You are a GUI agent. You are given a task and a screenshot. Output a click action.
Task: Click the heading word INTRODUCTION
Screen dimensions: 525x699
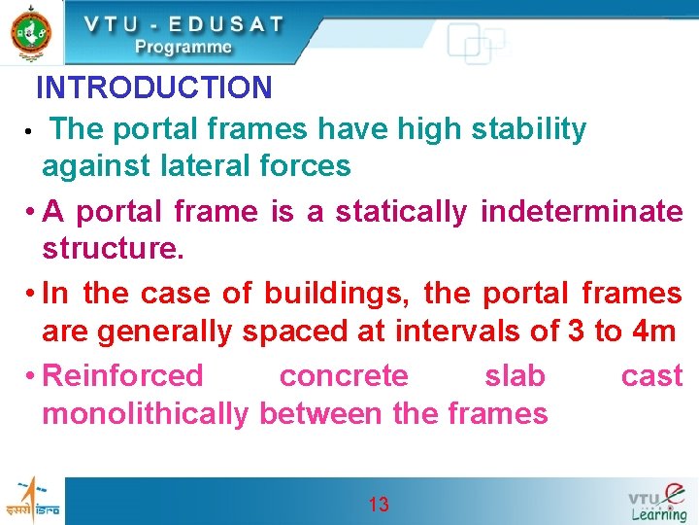[153, 88]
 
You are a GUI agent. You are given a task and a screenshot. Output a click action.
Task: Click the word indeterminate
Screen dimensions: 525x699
[582, 211]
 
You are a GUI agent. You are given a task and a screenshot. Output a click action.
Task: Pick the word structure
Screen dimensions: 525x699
[112, 249]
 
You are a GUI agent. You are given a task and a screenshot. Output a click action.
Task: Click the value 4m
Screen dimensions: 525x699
[652, 332]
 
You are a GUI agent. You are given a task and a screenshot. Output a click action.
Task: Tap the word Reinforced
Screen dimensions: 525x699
[124, 375]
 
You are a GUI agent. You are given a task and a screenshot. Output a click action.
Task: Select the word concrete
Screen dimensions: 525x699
[344, 375]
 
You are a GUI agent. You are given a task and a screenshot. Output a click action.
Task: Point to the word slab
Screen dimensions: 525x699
[515, 375]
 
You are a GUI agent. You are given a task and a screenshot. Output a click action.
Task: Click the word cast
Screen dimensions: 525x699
[651, 375]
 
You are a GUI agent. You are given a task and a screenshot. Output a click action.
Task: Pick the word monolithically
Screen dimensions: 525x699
[146, 414]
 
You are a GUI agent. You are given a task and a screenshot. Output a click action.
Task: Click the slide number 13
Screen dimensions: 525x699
[379, 504]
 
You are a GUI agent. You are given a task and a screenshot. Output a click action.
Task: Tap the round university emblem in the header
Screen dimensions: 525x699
[31, 31]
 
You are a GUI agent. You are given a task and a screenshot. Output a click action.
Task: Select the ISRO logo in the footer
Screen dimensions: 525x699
[32, 501]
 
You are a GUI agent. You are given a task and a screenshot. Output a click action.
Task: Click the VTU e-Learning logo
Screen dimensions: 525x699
[658, 502]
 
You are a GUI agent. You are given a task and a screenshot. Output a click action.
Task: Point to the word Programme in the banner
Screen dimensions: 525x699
[183, 47]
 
